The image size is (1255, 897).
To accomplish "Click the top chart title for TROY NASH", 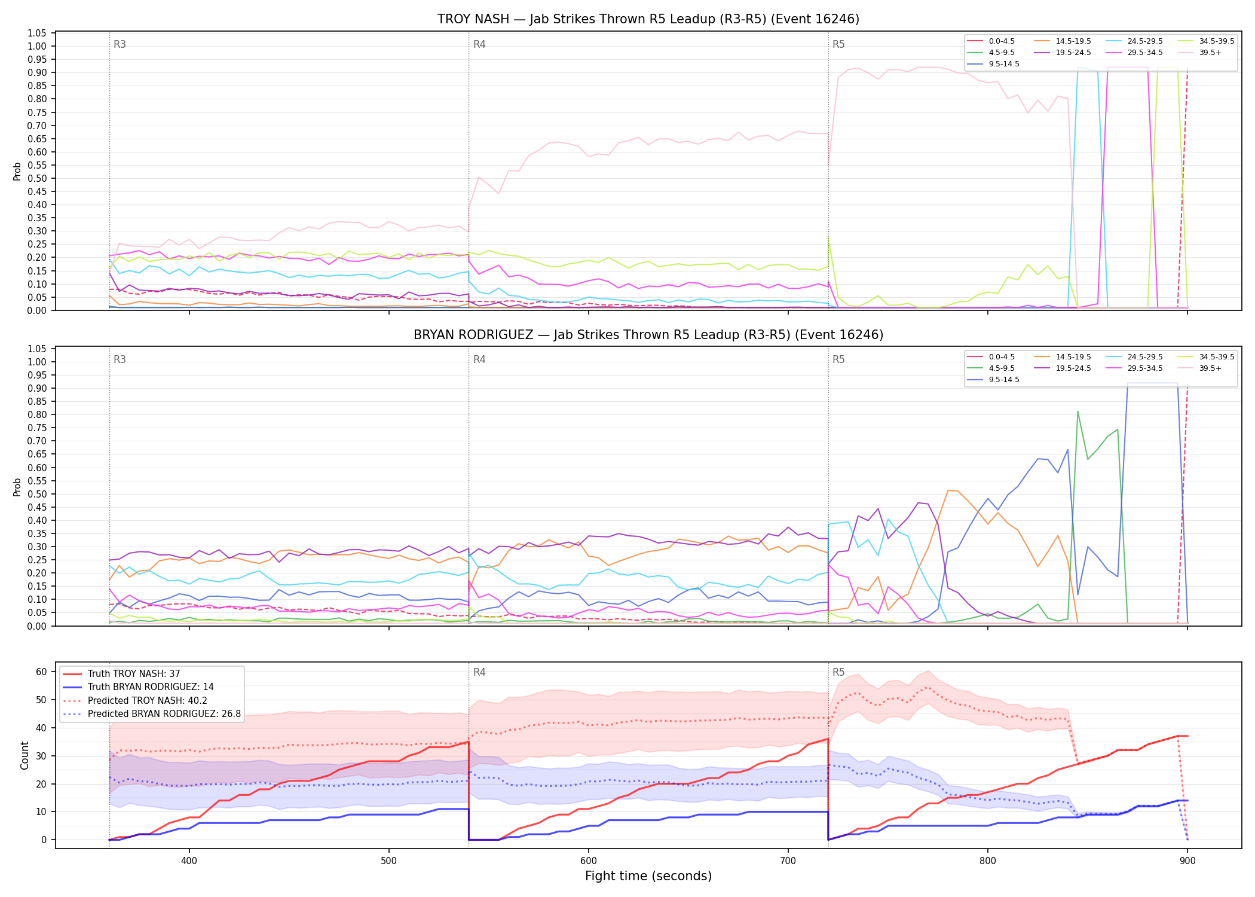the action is (648, 19).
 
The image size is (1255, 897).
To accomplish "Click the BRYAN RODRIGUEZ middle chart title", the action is (648, 335).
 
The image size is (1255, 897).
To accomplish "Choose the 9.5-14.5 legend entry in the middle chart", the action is (993, 380).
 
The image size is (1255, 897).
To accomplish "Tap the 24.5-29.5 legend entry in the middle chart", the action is (1134, 357).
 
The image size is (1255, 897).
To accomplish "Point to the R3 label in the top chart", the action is (120, 44).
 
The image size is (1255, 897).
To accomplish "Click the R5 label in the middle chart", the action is (838, 359).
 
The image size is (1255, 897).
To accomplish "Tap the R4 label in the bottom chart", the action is (479, 672).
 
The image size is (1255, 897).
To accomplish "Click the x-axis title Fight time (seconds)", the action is (648, 876).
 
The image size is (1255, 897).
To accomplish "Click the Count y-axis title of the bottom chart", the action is (25, 755).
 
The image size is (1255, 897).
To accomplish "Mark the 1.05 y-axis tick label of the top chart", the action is (37, 33).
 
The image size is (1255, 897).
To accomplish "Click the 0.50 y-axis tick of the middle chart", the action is (37, 494).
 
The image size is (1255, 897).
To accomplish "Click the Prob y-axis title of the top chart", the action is (17, 171).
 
